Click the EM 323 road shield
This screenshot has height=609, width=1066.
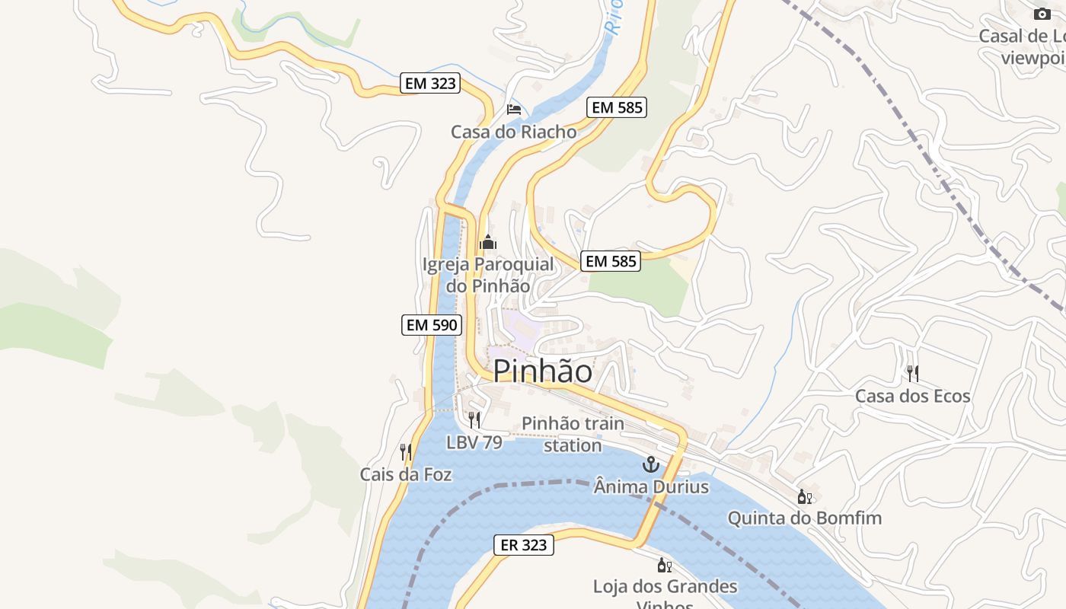pos(431,84)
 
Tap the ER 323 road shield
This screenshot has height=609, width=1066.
pos(524,545)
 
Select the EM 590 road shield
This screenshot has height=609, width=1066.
pos(432,325)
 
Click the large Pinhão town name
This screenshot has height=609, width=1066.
pos(542,371)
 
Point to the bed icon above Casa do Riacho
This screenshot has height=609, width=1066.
pos(514,109)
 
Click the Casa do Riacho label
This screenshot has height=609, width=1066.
pos(514,132)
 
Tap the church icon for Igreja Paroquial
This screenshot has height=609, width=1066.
pos(488,243)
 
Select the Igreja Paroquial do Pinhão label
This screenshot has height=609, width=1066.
pos(488,276)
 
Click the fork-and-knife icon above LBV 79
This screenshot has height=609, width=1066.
pos(474,419)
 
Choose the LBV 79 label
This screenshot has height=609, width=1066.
pos(474,442)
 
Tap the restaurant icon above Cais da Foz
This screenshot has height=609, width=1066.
pos(406,451)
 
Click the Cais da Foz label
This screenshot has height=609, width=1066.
pos(406,475)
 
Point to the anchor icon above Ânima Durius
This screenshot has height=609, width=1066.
pos(650,464)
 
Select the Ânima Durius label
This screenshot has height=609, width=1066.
pos(651,486)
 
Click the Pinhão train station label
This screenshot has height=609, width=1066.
pos(573,434)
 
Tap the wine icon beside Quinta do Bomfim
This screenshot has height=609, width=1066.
pos(804,497)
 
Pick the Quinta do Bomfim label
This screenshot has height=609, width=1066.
pos(805,518)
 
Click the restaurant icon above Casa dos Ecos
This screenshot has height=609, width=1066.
pos(913,373)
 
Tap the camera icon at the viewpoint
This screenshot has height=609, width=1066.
pos(1042,14)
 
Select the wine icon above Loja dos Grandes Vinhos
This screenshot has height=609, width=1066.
pos(665,565)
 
